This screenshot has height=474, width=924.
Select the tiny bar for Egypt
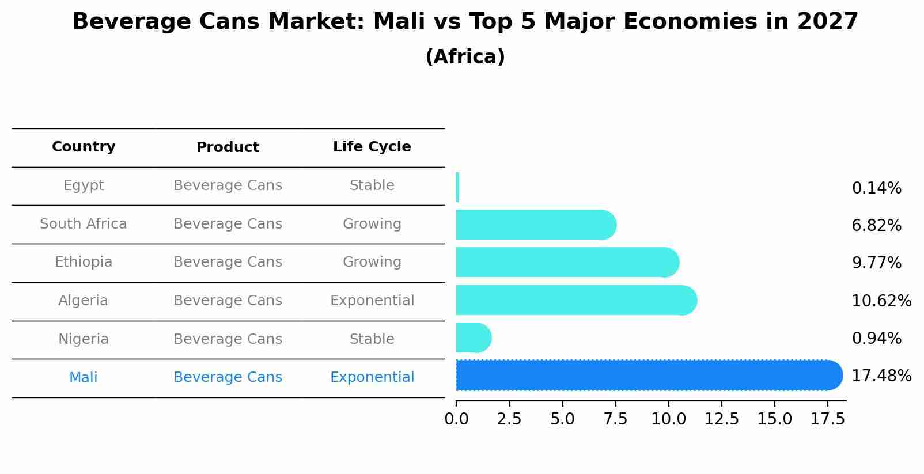tap(457, 187)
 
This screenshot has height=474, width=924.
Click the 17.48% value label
tap(881, 376)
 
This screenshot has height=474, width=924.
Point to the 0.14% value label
tap(876, 188)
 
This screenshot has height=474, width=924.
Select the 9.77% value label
tap(876, 263)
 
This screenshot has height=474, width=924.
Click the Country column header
tap(84, 147)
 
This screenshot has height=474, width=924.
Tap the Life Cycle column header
tap(372, 147)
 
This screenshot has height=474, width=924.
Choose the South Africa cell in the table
tap(84, 224)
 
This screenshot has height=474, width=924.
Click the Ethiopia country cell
tap(84, 262)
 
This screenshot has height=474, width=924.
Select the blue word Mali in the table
tap(84, 378)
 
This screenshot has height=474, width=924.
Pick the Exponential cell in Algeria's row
tap(372, 301)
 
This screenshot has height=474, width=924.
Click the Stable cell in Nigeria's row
tap(372, 339)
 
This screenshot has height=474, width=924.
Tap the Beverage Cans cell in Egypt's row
tap(228, 185)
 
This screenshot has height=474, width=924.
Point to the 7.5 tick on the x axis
tap(615, 419)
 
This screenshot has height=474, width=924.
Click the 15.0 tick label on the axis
tap(774, 419)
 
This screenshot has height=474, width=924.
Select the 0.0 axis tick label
tap(456, 419)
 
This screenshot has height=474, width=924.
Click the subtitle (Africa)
tap(465, 57)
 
